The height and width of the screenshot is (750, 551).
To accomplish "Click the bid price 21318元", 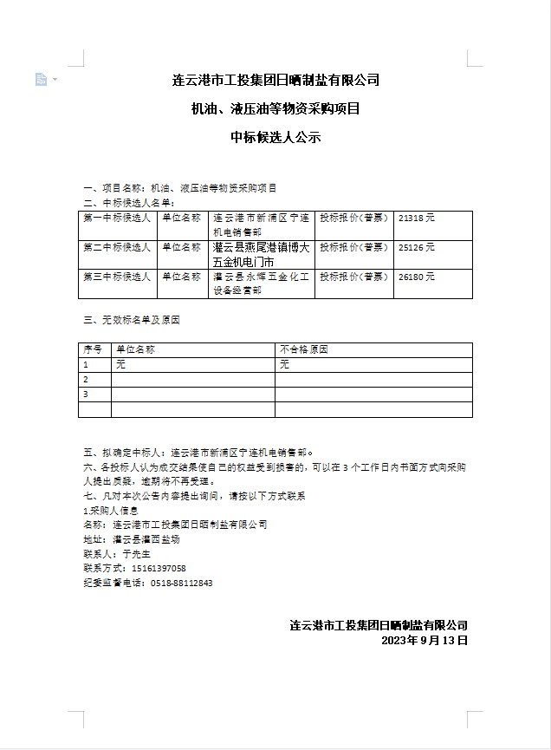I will pyautogui.click(x=417, y=219).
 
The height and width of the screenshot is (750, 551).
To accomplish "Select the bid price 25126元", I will pyautogui.click(x=417, y=247).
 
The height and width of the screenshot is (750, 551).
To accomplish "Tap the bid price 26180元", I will pyautogui.click(x=417, y=277).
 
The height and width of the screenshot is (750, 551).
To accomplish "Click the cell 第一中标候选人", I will pyautogui.click(x=117, y=219).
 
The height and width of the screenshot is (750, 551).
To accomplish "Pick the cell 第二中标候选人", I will pyautogui.click(x=117, y=247).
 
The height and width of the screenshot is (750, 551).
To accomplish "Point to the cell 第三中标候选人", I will pyautogui.click(x=117, y=277).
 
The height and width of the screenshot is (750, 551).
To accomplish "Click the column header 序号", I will pyautogui.click(x=93, y=349).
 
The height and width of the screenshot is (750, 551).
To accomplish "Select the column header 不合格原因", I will pyautogui.click(x=304, y=349).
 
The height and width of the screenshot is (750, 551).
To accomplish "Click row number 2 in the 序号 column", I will pyautogui.click(x=86, y=380).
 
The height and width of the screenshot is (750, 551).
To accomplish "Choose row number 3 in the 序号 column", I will pyautogui.click(x=86, y=395).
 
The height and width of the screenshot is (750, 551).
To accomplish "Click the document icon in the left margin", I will pyautogui.click(x=41, y=80).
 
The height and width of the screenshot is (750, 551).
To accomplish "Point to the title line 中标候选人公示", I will pyautogui.click(x=275, y=137).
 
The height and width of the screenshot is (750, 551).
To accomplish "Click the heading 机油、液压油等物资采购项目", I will pyautogui.click(x=275, y=109).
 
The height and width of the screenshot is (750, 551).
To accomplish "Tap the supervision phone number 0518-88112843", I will pyautogui.click(x=181, y=583).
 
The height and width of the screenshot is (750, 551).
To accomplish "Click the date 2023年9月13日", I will pyautogui.click(x=425, y=641).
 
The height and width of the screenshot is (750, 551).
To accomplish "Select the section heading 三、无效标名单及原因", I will pyautogui.click(x=131, y=320).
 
